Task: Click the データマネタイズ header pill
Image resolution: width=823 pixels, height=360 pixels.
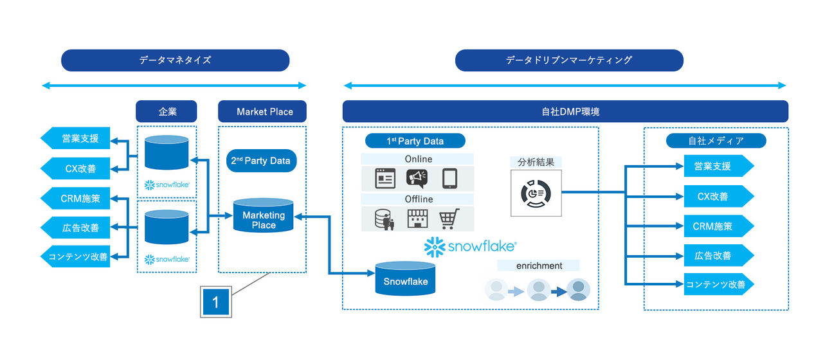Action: [x=175, y=60]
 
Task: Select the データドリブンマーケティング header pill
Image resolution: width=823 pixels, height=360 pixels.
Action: [x=569, y=60]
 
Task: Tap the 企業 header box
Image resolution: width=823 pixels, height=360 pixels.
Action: [x=167, y=111]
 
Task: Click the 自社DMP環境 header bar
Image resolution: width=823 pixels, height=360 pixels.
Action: [x=565, y=111]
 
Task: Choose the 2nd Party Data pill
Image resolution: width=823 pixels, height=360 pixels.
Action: [x=262, y=161]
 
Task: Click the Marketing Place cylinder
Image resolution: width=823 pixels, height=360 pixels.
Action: [x=264, y=217]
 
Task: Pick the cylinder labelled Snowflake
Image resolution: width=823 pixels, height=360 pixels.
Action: [x=405, y=278]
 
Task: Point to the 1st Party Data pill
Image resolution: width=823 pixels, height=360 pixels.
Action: [x=415, y=141]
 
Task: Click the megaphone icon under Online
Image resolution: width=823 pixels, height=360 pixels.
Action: [x=417, y=178]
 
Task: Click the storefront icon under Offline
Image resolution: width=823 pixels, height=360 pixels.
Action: [x=417, y=219]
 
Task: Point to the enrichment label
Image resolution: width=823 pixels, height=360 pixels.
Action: [x=539, y=265]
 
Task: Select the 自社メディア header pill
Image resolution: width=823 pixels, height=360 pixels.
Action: [x=716, y=141]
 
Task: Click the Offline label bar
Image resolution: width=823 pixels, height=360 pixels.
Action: [x=417, y=199]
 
